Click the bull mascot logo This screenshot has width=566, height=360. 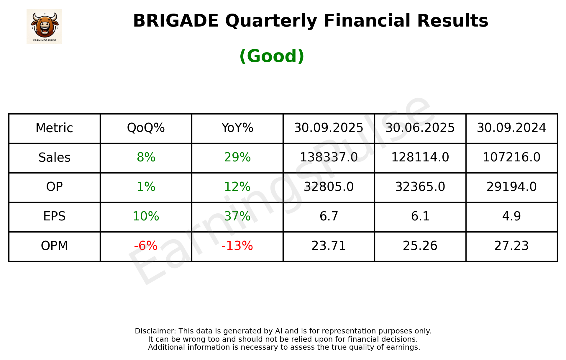[44, 26]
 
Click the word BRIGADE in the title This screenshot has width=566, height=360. [175, 21]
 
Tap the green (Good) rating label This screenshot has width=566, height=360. [272, 56]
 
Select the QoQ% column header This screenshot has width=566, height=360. [146, 128]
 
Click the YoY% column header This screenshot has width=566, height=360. [237, 128]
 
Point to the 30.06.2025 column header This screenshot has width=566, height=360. [420, 128]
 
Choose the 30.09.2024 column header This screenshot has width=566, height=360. [511, 128]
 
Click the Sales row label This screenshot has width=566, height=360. [55, 158]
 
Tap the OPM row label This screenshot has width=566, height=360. [55, 246]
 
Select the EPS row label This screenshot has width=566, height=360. [55, 216]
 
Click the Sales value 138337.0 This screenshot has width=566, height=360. [329, 158]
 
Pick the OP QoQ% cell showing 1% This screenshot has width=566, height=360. [146, 187]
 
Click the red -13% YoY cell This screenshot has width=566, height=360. [237, 246]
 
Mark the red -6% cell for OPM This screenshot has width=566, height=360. [146, 246]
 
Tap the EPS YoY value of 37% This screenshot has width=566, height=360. [237, 216]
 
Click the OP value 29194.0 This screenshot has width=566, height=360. [511, 187]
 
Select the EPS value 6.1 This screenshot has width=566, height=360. [420, 216]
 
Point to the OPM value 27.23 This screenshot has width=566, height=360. [511, 246]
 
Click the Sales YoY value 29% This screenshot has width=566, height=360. [237, 158]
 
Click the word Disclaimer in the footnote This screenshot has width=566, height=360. [155, 331]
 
